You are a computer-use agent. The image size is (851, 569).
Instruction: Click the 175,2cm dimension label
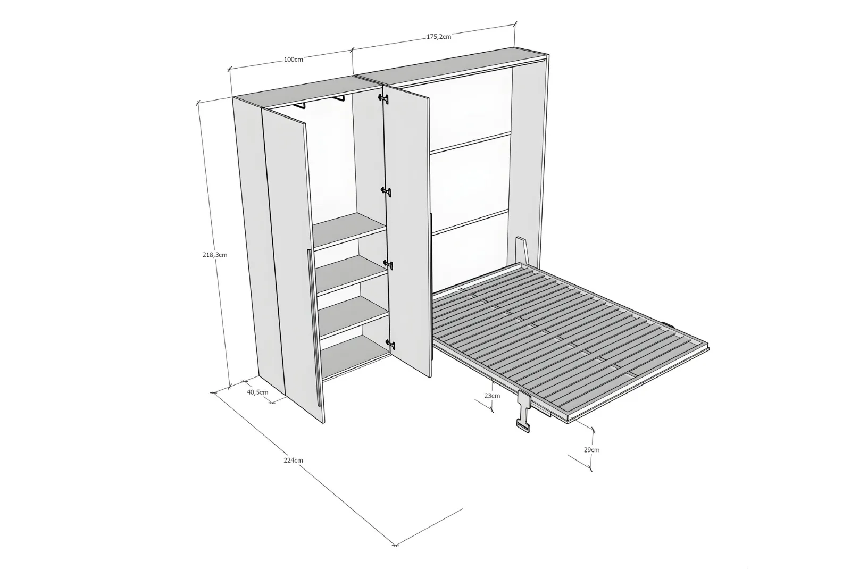click(438, 37)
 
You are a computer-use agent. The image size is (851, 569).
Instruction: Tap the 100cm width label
click(294, 60)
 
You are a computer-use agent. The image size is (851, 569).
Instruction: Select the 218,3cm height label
click(215, 255)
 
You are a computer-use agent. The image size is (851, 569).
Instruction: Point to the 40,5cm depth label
click(257, 392)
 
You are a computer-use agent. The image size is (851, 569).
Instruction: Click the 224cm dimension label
click(293, 461)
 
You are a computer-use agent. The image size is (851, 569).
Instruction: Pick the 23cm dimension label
click(492, 396)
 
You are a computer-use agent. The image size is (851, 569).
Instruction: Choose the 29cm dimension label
click(591, 450)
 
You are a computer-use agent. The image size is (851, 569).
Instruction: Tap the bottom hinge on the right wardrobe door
click(390, 345)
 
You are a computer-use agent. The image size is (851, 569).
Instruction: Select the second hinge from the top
click(386, 191)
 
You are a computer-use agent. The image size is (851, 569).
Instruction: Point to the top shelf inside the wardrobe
click(349, 231)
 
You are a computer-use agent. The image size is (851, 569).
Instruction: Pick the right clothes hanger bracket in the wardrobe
click(337, 98)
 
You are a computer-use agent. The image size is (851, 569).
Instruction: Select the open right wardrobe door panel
click(407, 232)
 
